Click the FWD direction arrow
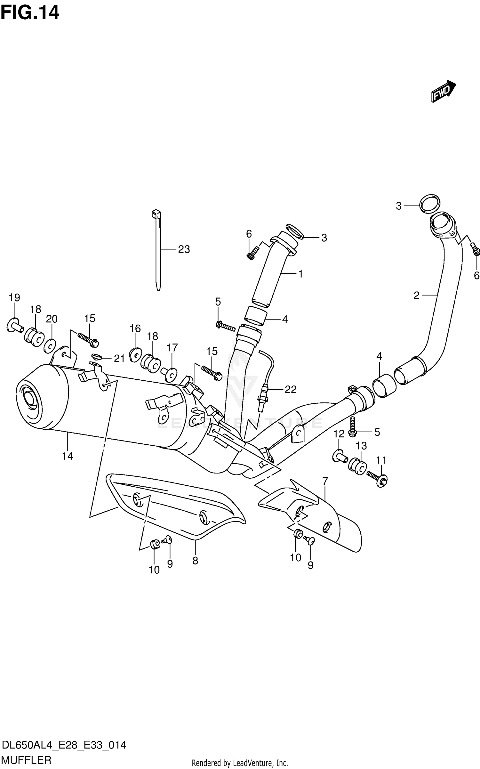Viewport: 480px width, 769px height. click(x=443, y=91)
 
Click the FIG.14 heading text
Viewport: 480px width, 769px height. click(x=30, y=13)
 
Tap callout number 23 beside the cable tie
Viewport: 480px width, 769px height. click(x=184, y=249)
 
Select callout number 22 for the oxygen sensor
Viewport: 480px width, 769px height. click(x=290, y=389)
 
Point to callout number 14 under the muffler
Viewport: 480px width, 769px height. click(x=68, y=456)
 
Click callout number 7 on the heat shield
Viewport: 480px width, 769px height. click(x=325, y=490)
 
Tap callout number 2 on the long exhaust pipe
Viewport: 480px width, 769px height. click(x=416, y=295)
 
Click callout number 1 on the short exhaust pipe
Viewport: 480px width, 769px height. click(x=300, y=274)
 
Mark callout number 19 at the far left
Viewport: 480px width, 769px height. click(x=14, y=297)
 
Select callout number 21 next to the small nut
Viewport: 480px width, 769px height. click(x=119, y=359)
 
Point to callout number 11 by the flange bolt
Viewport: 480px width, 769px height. click(x=381, y=460)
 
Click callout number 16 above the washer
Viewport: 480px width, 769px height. click(x=135, y=328)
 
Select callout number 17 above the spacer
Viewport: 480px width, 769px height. click(x=172, y=347)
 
